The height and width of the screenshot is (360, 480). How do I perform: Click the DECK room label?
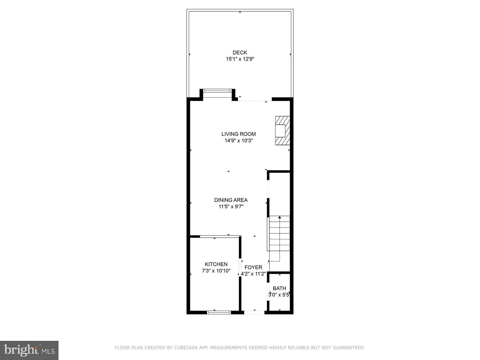(240, 53)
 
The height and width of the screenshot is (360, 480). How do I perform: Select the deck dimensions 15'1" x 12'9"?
(240, 59)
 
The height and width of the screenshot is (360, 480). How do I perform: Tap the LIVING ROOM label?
(238, 134)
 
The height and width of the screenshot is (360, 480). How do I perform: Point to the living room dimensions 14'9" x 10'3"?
(238, 141)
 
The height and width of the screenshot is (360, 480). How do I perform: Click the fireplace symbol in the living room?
(282, 131)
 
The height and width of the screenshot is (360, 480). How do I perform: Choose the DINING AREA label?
(231, 200)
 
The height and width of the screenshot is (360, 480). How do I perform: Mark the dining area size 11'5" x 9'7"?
(231, 207)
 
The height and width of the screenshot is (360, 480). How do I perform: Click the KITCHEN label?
(216, 264)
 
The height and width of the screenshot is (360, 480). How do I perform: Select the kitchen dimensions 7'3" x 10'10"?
(216, 271)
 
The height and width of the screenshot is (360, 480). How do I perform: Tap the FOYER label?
(253, 267)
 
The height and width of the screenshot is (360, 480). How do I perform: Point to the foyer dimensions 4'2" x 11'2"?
(253, 274)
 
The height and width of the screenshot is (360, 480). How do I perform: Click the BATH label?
(279, 289)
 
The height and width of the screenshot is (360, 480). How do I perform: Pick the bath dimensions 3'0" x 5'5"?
(279, 295)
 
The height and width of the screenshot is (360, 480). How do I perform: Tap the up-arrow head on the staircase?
(280, 217)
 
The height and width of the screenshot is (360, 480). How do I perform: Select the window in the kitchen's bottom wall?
(219, 312)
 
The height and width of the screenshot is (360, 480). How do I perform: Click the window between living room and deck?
(218, 91)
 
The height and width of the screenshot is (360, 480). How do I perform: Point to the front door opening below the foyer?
(254, 312)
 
